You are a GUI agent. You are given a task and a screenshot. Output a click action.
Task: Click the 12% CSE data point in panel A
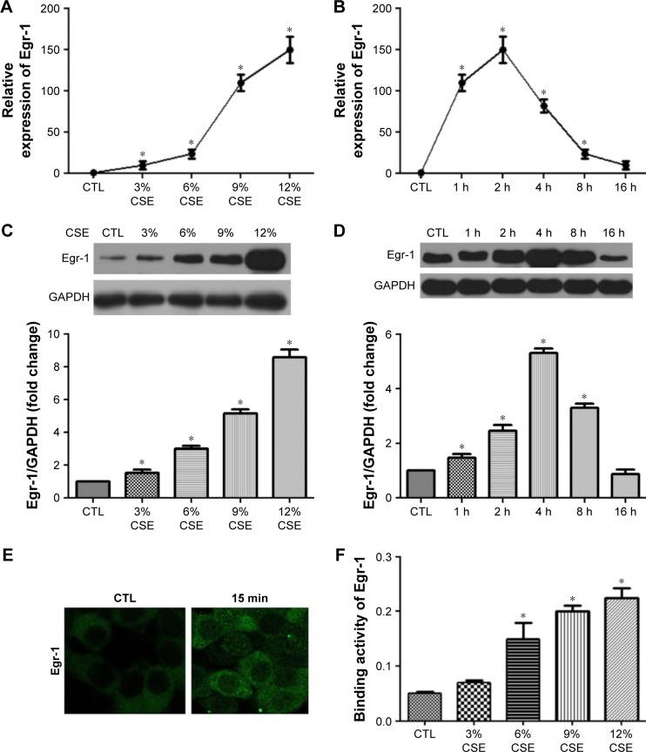click(x=291, y=50)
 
